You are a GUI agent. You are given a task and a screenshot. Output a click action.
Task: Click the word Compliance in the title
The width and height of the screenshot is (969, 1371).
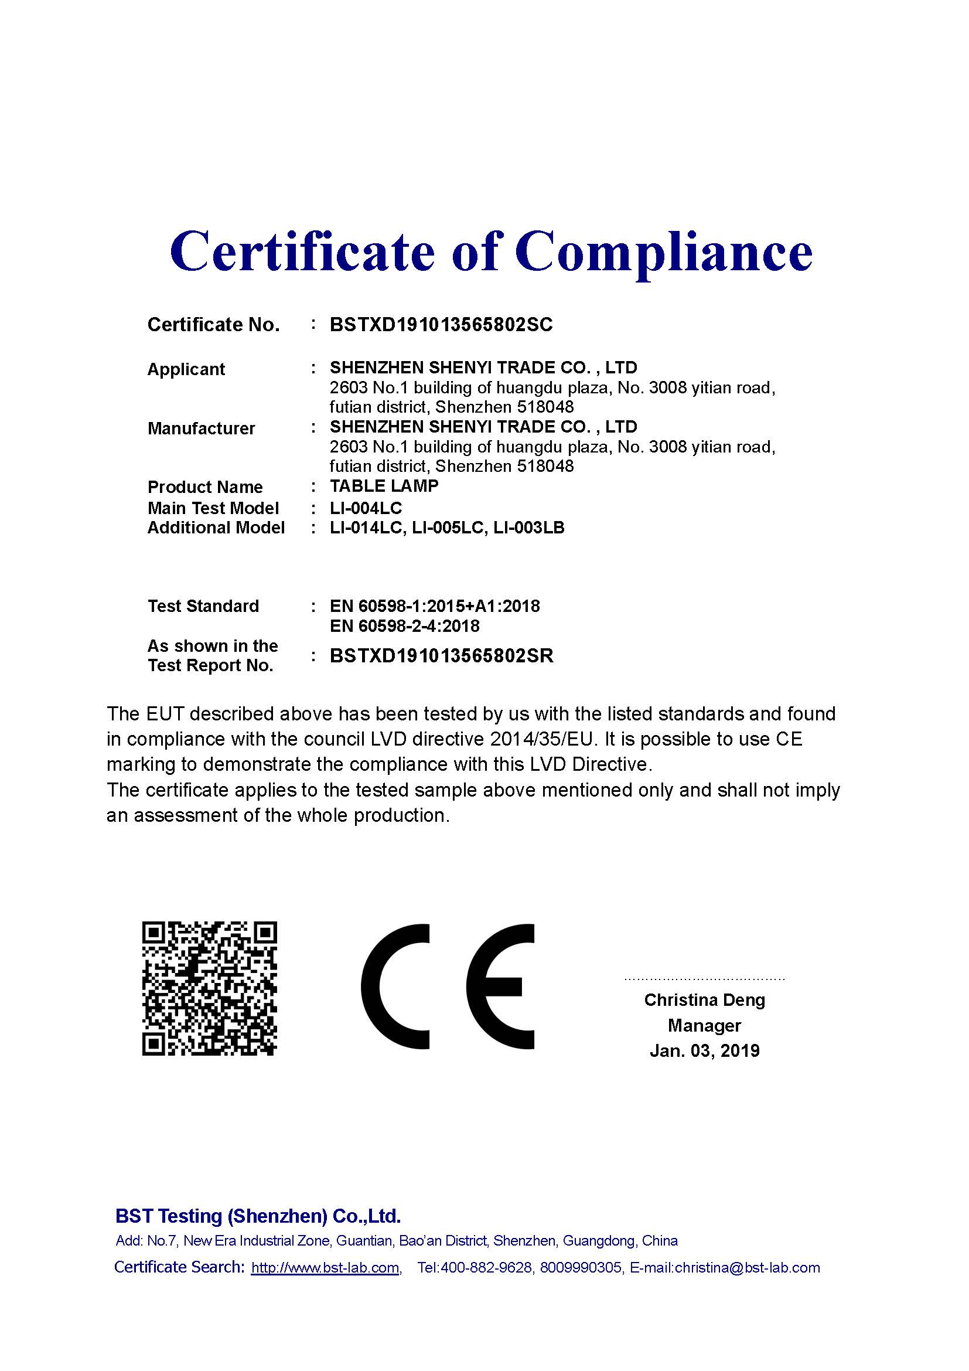664,253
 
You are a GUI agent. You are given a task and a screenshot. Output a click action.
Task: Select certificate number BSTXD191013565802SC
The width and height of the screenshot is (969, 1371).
441,325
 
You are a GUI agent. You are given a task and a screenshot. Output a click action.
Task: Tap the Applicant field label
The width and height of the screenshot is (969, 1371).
186,369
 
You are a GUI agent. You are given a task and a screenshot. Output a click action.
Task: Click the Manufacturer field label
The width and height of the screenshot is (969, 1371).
201,428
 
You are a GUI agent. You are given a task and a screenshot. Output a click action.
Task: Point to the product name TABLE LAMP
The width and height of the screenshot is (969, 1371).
384,486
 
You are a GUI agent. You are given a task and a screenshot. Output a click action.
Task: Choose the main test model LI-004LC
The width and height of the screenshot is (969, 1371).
366,508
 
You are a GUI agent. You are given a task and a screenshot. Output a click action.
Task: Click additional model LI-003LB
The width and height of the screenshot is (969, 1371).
528,528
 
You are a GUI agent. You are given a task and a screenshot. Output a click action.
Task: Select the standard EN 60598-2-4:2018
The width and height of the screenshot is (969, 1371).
405,626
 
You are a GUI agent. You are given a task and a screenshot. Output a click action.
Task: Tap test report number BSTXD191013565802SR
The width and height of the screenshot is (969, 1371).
442,656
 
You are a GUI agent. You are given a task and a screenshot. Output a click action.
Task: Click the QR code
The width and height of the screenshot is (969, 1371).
209,988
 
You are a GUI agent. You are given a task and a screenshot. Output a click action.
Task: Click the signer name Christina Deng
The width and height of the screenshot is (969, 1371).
704,999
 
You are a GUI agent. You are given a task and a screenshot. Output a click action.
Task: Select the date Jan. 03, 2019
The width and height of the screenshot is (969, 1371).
704,1050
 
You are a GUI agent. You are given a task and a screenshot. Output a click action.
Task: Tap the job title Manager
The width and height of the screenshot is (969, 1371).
704,1025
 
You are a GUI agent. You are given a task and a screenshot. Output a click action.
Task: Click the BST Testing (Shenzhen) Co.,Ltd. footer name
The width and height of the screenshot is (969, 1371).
258,1216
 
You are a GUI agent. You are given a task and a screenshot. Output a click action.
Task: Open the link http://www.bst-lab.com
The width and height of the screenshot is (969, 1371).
325,1267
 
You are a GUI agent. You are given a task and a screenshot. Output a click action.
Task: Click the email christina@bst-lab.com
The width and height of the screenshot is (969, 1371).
747,1267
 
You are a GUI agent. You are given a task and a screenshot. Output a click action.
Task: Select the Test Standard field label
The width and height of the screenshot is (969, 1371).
203,606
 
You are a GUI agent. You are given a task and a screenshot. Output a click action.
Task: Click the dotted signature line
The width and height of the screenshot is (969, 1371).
704,979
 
